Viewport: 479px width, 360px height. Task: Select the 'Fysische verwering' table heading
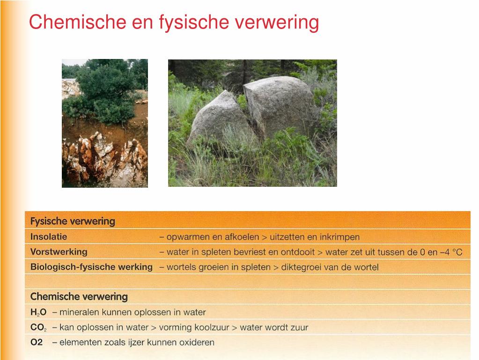point(73,221)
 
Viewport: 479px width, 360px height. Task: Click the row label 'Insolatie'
point(49,237)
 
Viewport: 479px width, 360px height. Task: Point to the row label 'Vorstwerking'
point(59,252)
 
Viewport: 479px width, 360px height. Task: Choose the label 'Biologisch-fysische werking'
point(91,267)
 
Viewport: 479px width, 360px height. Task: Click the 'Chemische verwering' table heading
point(79,297)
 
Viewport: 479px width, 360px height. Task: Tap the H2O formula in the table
point(38,312)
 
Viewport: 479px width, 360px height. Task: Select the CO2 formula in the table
point(38,328)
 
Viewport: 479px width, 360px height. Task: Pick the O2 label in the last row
point(37,343)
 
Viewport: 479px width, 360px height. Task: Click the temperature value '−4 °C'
point(450,252)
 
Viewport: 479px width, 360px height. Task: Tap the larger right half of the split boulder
point(278,105)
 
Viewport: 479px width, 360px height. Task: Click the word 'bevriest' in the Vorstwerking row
point(250,252)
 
